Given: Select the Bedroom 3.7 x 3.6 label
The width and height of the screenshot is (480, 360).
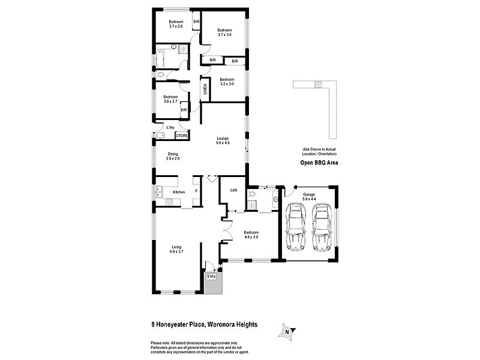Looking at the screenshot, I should [224, 32].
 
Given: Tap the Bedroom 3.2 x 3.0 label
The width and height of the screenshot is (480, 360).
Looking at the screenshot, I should [226, 82].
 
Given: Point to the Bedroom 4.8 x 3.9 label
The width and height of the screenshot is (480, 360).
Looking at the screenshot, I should [251, 234].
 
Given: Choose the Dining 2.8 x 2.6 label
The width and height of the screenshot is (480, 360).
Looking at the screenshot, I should [173, 155].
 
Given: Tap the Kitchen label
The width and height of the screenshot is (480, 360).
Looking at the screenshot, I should [178, 192].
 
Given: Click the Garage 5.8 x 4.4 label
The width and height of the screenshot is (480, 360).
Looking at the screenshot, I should [309, 197].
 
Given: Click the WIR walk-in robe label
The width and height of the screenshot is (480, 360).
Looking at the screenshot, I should [233, 191].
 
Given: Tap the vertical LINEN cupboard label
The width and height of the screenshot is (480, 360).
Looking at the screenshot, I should [205, 89].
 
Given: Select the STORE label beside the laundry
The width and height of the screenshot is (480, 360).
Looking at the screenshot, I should [181, 136].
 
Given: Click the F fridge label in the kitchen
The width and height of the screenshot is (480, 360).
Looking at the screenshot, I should [196, 191].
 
